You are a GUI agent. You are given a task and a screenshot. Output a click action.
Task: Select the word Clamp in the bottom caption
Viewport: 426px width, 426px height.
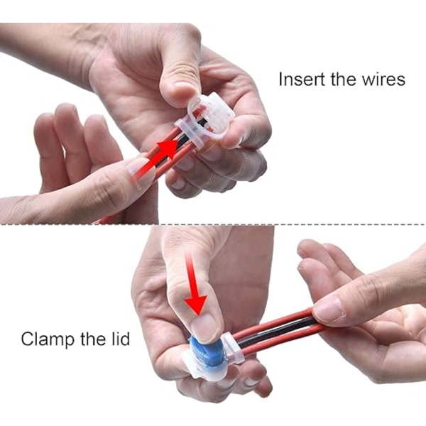pos(47,339)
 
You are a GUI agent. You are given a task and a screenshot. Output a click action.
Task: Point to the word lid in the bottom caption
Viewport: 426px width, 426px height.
pos(121,339)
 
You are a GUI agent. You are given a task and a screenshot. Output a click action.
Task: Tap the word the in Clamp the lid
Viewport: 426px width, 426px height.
pos(92,339)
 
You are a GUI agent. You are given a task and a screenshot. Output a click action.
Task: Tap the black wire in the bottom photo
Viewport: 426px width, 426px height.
pos(280,332)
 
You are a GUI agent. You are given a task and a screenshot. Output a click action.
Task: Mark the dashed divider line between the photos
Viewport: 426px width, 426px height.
pos(213,224)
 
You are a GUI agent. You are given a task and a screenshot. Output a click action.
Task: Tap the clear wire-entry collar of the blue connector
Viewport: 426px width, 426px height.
pos(233,350)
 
